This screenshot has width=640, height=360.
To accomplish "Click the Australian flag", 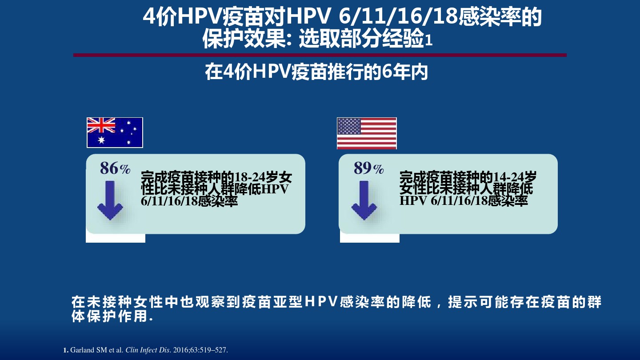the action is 115,132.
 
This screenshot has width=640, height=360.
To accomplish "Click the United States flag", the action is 367,133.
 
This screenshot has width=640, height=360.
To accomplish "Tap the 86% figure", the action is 115,168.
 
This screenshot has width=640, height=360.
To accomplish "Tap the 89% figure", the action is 369,168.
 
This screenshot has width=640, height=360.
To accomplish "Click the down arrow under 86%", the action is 110,200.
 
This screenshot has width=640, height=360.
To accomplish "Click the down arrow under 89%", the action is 364,200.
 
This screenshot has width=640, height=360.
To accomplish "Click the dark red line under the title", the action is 320,55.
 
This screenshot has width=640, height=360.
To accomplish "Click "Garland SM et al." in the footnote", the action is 97,350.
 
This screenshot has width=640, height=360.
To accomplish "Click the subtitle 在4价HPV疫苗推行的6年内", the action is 316,72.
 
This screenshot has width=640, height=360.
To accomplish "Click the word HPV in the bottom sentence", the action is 321,302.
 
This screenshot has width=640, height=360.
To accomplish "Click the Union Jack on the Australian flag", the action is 101,125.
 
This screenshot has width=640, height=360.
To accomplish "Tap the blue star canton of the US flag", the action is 349,126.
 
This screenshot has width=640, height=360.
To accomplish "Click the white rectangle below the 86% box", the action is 116,238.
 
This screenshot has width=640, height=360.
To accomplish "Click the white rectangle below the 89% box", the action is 370,238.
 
